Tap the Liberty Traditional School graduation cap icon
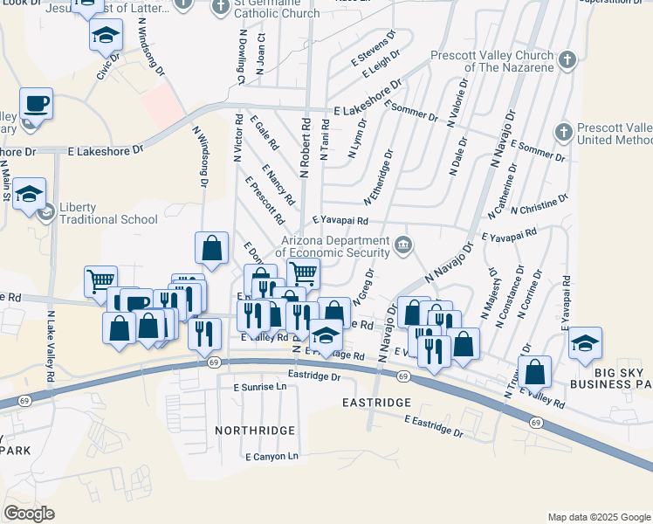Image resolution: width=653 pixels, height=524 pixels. point(31,194)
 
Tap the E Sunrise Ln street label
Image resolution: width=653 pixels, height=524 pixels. point(261,385)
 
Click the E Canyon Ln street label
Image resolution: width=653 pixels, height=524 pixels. point(272,456)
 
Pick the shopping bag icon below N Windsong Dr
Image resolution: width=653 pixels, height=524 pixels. point(211,248)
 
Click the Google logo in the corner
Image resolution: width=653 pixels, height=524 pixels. point(29,514)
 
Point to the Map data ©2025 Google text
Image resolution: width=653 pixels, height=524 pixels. point(598,517)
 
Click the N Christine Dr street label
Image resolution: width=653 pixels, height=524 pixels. point(540,205)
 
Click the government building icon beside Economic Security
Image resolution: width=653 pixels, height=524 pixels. point(402,242)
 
